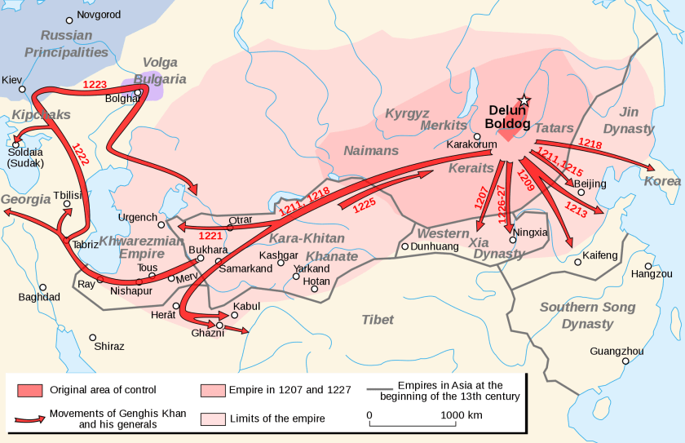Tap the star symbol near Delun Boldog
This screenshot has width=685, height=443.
[524, 100]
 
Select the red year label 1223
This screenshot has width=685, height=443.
[95, 85]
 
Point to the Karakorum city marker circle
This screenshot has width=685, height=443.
[477, 136]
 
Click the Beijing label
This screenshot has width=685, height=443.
[590, 184]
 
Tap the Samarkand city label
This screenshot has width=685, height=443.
[245, 268]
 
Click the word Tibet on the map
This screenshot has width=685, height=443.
[378, 319]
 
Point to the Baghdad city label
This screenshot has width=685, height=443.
[39, 297]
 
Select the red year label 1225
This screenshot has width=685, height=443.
[364, 206]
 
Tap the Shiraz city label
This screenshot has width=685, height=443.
[109, 346]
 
